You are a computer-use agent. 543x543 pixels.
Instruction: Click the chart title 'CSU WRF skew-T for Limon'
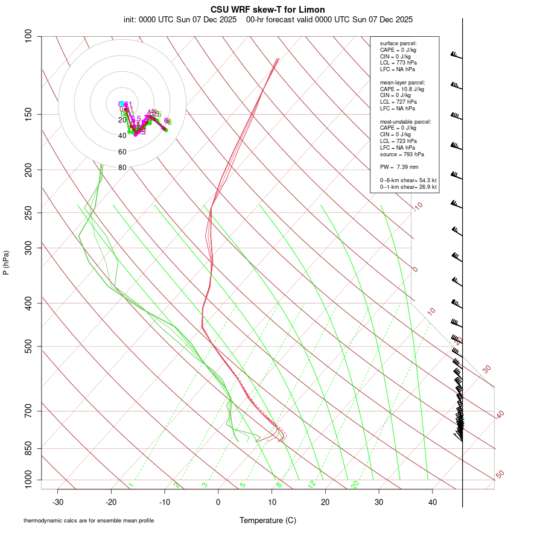coord(268,10)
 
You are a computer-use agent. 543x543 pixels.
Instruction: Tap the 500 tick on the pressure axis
coord(29,346)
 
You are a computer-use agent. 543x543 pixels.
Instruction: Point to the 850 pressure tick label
coord(29,448)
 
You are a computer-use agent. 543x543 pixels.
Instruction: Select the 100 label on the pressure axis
coord(29,36)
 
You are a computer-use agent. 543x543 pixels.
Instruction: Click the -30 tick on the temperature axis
coord(58,502)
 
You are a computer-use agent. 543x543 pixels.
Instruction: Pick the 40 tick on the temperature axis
coord(433,502)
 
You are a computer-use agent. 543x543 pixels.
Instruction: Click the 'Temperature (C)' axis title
coord(268,520)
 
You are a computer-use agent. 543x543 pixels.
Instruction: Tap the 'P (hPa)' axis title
coord(6,263)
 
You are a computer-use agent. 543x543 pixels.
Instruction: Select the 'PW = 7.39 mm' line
coord(399,167)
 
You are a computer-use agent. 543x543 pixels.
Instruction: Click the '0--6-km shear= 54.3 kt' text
coord(408,180)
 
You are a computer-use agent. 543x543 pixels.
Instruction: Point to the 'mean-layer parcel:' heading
coord(402,83)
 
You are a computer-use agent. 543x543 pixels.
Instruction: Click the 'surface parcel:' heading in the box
coord(398,43)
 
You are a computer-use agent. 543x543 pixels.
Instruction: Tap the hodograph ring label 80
coord(122,168)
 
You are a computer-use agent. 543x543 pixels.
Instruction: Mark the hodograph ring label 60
coord(122,152)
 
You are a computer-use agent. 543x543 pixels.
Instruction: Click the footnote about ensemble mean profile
coord(89,520)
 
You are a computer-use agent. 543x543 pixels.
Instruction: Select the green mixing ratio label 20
coord(355,484)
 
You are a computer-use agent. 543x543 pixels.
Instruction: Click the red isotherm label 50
coord(500,475)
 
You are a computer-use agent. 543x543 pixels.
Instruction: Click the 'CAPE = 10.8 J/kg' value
coord(402,89)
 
